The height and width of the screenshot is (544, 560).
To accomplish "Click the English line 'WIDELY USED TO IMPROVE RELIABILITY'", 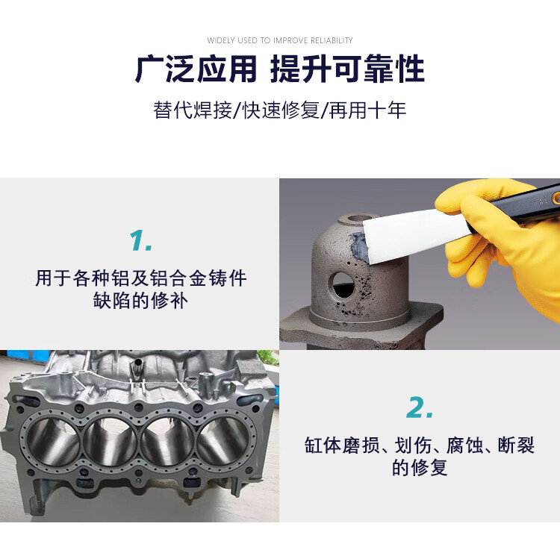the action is pos(280,40).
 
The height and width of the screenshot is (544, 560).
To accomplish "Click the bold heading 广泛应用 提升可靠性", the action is pos(280,69).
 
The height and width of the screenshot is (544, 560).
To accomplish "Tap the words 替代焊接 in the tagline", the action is pos(193,110).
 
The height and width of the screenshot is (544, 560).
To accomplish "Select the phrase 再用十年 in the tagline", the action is pos(367,110).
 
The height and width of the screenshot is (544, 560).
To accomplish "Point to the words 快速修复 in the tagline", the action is pos(281,110).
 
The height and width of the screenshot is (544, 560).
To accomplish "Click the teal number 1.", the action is pos(140,240).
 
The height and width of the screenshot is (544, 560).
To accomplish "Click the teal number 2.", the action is pos(420,407).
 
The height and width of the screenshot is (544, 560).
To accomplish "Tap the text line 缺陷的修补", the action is pos(140,301).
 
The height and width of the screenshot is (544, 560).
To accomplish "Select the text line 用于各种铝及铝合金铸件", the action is pos(140,278).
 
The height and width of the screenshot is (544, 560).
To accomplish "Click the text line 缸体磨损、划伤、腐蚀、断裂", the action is pos(420,445).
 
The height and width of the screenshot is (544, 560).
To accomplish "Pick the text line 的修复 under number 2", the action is pos(420,467).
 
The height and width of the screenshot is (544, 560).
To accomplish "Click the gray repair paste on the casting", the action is pos(358,246).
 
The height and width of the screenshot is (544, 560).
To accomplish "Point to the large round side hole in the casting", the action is pos(342,286).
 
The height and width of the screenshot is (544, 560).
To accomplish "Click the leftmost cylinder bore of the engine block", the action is pos(53,442).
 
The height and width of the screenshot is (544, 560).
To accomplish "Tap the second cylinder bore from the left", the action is pos(111,442).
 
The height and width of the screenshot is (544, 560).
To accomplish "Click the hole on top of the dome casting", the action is pos(360,218).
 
